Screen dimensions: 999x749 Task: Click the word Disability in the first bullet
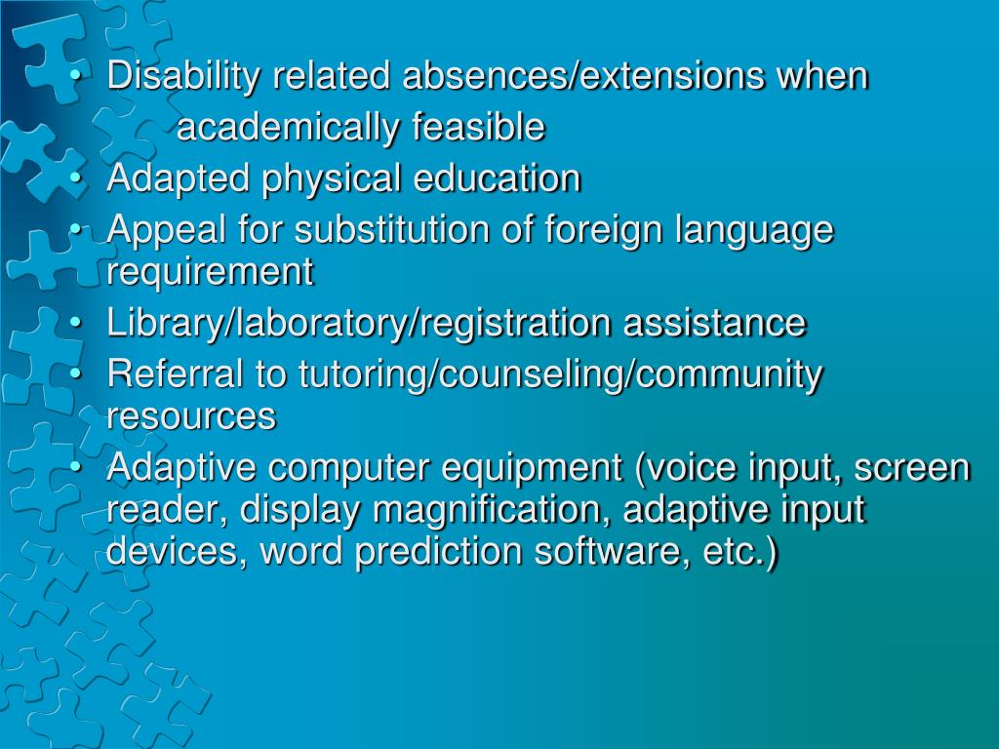(x=183, y=77)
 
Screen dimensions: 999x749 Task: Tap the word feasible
(x=478, y=126)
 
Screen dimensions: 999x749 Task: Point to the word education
(x=497, y=177)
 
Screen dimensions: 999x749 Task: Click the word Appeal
(x=166, y=230)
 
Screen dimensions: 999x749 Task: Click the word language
(x=754, y=230)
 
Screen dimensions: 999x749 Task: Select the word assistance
(x=714, y=322)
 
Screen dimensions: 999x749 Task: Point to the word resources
(x=191, y=416)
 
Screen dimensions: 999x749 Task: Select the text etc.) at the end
(x=740, y=552)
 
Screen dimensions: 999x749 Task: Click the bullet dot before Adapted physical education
(x=76, y=178)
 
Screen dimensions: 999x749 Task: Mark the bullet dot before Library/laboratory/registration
(x=76, y=324)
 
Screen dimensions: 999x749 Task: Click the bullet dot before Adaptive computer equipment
(x=76, y=467)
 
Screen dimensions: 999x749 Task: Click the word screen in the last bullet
(x=912, y=469)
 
